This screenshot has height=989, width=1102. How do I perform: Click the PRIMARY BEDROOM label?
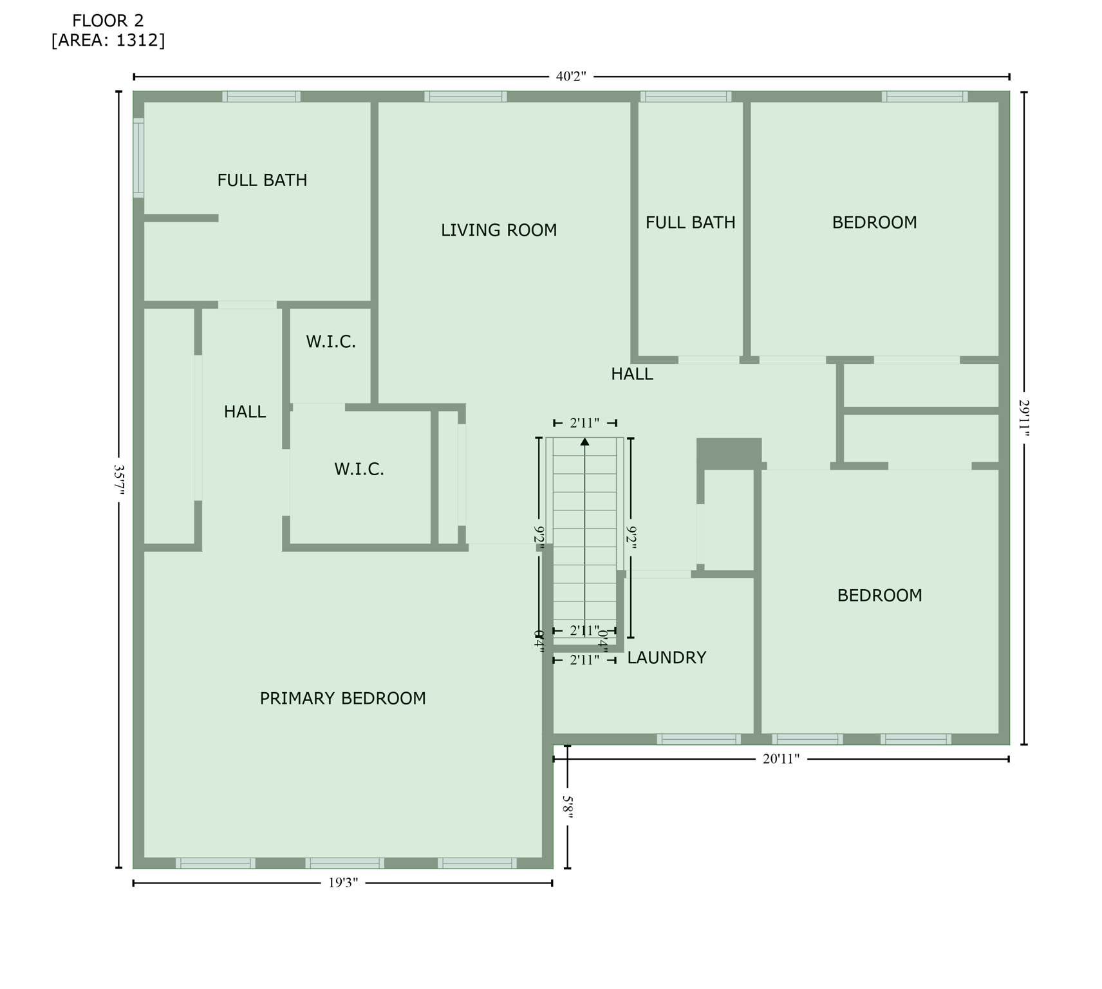pos(342,699)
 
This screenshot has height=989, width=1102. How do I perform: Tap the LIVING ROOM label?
pos(499,230)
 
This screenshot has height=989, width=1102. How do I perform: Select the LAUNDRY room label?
pos(666,657)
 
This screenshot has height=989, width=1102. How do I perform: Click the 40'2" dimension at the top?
pos(571,77)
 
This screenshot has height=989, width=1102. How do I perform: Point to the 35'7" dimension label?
pos(119,479)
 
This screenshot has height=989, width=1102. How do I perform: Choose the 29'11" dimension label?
pos(1024,418)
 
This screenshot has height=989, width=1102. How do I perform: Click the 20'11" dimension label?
pos(781,759)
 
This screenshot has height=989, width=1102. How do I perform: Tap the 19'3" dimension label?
pos(342,883)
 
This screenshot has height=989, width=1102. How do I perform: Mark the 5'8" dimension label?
pos(568,807)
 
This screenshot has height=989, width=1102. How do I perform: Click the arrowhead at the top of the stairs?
pos(584,442)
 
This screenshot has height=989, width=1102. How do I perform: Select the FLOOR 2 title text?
pos(108,21)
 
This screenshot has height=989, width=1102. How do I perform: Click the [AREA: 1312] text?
pos(108,41)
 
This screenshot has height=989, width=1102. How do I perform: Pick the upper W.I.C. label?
pos(331,342)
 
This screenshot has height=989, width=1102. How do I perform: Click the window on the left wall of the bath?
pos(138,158)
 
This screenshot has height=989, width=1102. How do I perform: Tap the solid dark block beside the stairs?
pos(729,451)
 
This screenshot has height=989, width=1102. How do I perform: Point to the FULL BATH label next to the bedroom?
pos(690,223)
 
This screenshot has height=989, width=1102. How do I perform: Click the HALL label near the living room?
pos(631,374)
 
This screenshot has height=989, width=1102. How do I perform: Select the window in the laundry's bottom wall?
pos(698,739)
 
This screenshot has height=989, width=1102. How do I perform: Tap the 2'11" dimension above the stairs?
pos(584,423)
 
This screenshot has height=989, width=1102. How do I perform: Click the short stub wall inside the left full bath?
pos(181,218)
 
